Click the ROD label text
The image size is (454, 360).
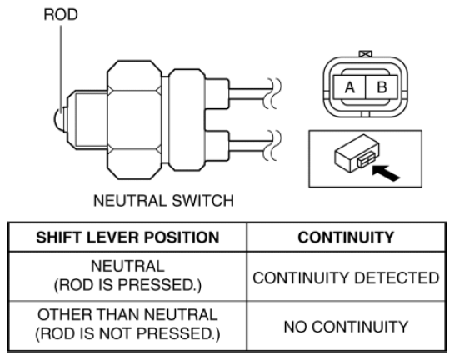pos(61,14)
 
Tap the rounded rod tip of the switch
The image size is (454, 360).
pos(58,119)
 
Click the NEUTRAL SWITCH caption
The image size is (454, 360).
pos(163,201)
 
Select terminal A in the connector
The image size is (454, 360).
pos(350,87)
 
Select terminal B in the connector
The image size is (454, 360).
pos(382,87)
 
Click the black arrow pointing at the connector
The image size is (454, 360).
pos(386,172)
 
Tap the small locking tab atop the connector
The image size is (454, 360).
pos(365,54)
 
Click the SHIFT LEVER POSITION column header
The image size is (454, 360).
pos(127,237)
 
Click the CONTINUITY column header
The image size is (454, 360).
pos(346,237)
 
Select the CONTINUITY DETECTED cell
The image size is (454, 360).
pos(346,277)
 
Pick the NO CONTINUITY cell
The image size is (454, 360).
pos(346,327)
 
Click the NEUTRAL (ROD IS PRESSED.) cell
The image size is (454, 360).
pos(127,276)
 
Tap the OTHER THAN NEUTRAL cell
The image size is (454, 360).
pos(127,324)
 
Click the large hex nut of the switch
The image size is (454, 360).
pos(134,120)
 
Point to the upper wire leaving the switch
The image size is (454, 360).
pos(251,94)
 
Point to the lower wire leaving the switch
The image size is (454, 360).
pos(251,146)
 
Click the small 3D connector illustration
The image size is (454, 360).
pos(357,153)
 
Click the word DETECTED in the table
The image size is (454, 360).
pos(397,277)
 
